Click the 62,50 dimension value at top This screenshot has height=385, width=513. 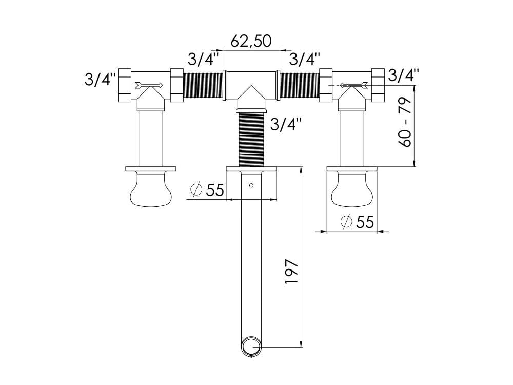(251, 41)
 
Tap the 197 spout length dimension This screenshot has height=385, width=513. (291, 272)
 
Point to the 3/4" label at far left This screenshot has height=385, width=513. (100, 81)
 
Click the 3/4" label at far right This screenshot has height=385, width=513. (404, 75)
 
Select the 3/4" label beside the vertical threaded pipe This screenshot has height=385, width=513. (284, 124)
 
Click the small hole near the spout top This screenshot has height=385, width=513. (251, 185)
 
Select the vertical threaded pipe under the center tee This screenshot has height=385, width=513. (251, 139)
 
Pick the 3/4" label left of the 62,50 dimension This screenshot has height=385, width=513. (204, 59)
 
